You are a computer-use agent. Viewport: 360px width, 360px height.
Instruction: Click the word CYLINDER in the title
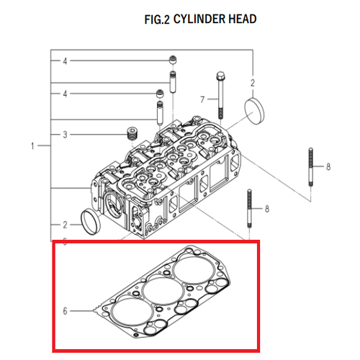[199, 19]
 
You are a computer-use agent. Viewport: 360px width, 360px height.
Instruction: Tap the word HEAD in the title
[243, 19]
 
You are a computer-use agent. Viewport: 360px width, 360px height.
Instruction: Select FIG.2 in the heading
[157, 19]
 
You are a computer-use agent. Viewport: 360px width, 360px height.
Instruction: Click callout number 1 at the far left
[32, 145]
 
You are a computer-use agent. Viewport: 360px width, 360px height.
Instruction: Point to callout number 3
[65, 135]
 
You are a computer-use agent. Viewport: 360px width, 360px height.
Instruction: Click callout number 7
[202, 99]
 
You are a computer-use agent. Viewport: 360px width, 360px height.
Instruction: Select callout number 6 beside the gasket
[65, 311]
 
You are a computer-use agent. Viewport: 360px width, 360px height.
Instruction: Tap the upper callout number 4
[65, 61]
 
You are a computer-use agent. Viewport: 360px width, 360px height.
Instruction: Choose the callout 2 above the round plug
[253, 83]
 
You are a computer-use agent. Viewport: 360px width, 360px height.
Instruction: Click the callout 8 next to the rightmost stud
[328, 166]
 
